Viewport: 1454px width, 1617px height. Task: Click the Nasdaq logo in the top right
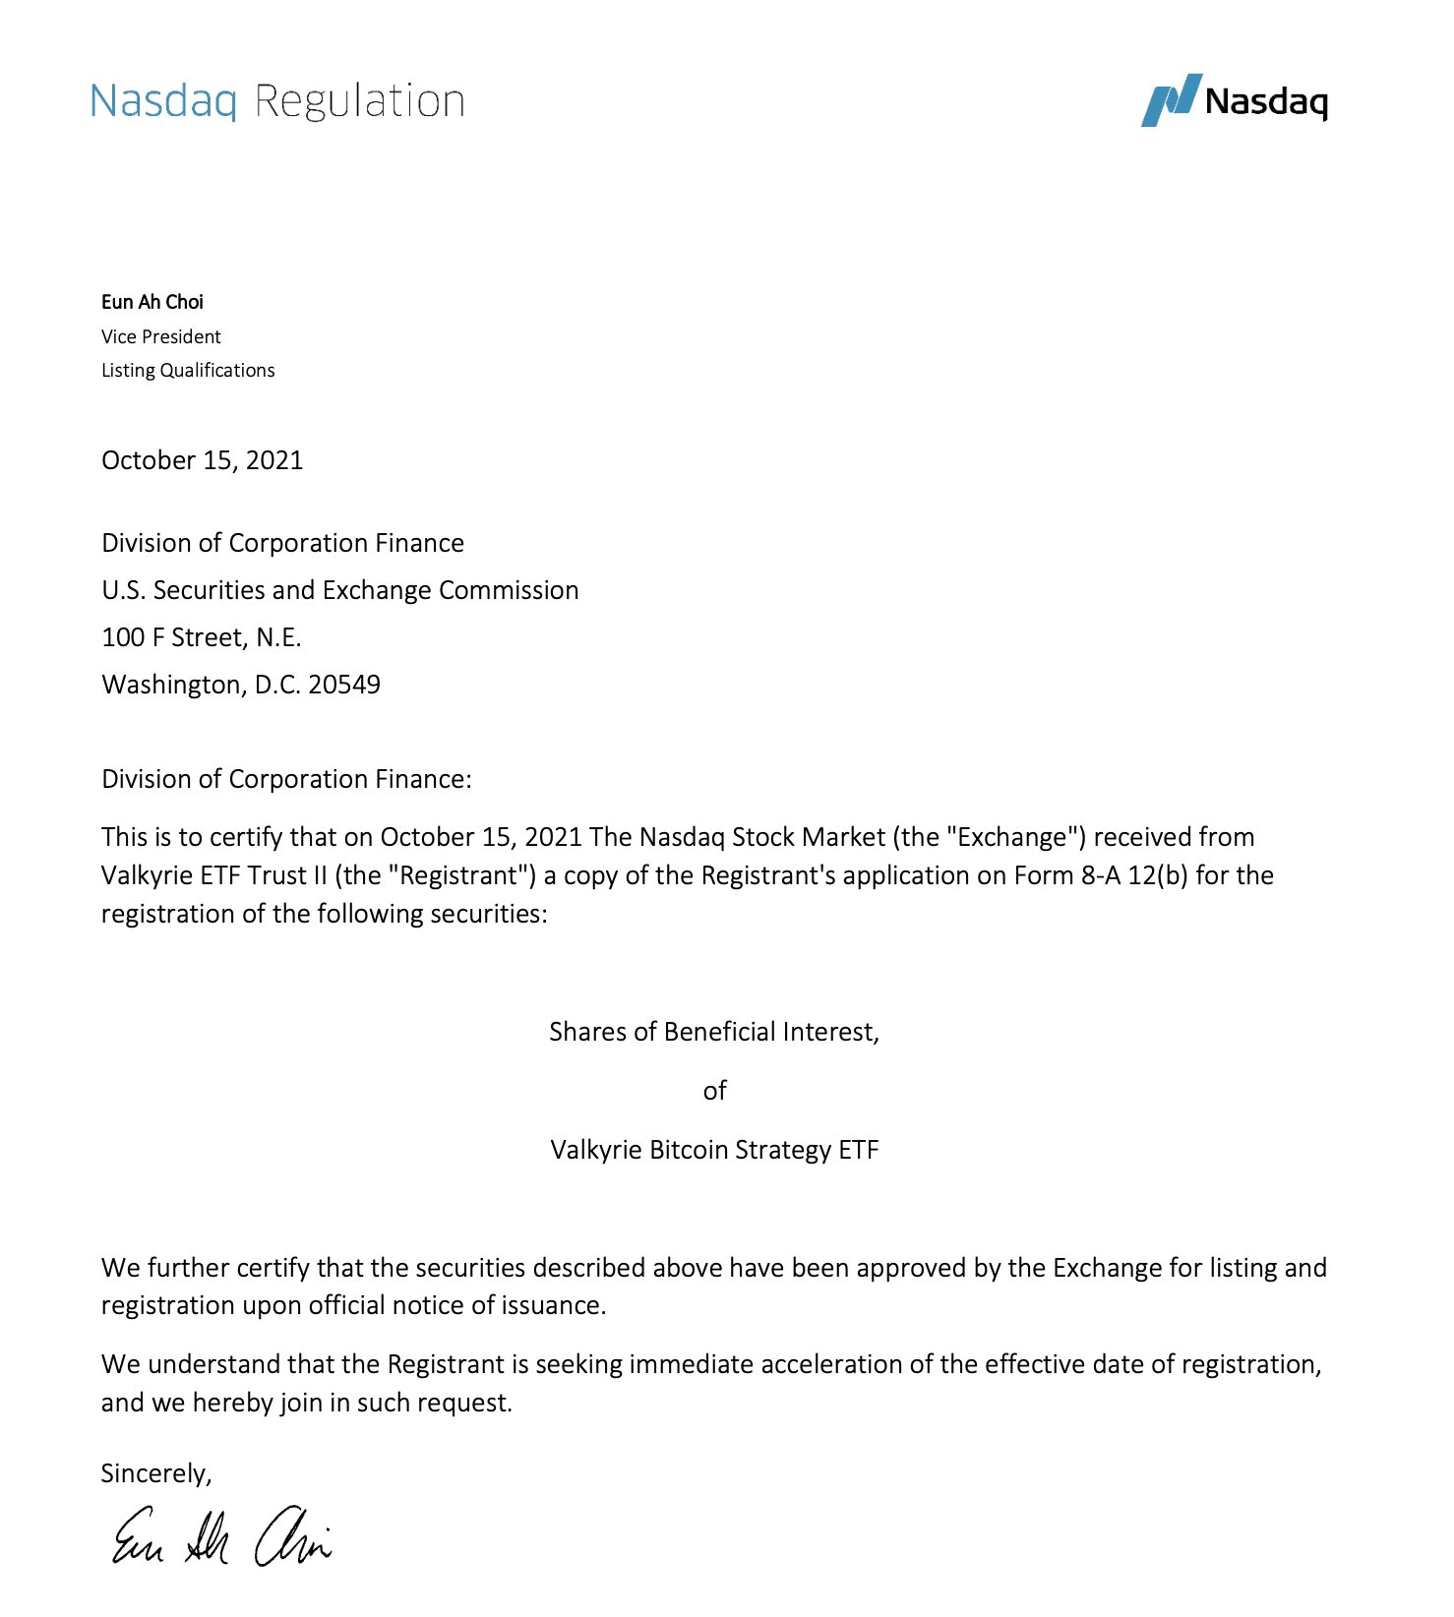[1234, 100]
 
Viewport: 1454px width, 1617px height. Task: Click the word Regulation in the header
[359, 101]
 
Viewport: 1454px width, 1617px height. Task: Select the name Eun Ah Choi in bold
[152, 302]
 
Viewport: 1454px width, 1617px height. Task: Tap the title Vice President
[161, 336]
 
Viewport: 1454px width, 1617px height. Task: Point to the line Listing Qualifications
[188, 370]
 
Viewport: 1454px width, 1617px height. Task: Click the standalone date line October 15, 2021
[202, 460]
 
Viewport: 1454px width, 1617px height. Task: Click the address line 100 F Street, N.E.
[201, 637]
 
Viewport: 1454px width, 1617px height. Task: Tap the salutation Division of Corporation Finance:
[286, 779]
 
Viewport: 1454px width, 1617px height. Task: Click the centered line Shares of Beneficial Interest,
[714, 1032]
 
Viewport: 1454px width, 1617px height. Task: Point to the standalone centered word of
[715, 1091]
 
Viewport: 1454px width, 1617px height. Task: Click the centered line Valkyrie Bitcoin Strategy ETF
[714, 1150]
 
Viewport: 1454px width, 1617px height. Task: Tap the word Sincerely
[155, 1473]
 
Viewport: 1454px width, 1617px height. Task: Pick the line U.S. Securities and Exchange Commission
[339, 590]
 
